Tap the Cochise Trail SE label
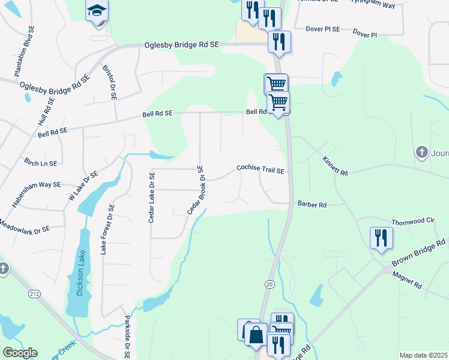[260, 170]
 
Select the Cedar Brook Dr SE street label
[196, 190]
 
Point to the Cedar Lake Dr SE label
[152, 197]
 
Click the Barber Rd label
[312, 205]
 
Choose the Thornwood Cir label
[412, 221]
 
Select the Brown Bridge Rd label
[418, 253]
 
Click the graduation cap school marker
[96, 11]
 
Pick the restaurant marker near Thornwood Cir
[381, 237]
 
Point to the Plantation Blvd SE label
[23, 59]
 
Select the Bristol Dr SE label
[109, 82]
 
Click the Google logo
[19, 353]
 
